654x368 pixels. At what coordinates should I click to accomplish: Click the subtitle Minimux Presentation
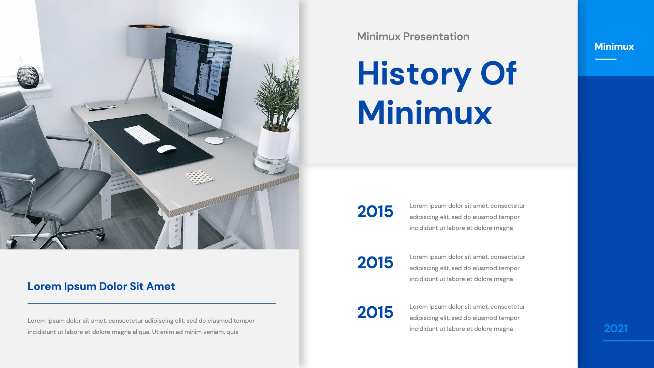(413, 36)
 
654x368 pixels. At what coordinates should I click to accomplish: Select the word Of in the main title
(498, 73)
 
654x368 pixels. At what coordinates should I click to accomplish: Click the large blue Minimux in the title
(424, 113)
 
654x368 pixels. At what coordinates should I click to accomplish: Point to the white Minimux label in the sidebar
(614, 46)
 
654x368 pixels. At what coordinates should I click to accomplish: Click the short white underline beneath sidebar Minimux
(606, 59)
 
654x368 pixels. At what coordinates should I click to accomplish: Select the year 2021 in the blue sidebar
(616, 328)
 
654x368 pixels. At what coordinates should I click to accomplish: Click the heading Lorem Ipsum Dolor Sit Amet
(101, 287)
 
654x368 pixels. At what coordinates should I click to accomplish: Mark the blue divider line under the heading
(152, 303)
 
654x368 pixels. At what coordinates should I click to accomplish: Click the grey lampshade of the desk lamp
(149, 41)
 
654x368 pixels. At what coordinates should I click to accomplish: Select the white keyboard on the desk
(142, 135)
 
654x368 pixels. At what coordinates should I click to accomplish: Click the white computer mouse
(167, 149)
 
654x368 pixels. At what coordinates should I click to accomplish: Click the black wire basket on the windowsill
(28, 77)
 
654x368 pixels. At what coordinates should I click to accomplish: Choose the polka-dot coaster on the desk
(199, 177)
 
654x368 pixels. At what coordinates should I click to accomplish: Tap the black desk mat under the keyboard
(150, 143)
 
